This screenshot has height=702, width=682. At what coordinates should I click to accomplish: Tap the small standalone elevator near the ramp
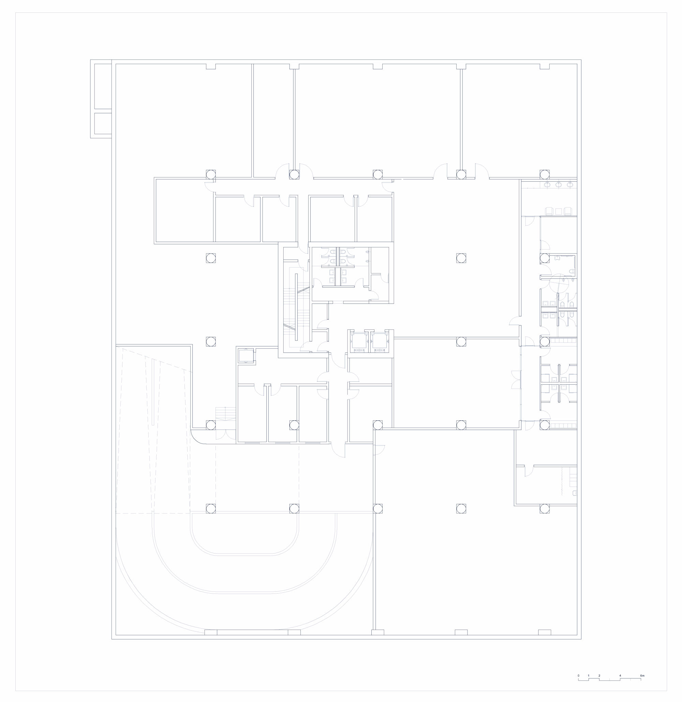click(246, 356)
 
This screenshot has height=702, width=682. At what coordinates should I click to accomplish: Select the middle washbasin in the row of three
click(558, 185)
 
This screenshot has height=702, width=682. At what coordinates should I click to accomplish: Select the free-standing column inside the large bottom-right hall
click(461, 509)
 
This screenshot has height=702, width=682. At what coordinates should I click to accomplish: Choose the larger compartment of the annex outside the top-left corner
click(102, 86)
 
